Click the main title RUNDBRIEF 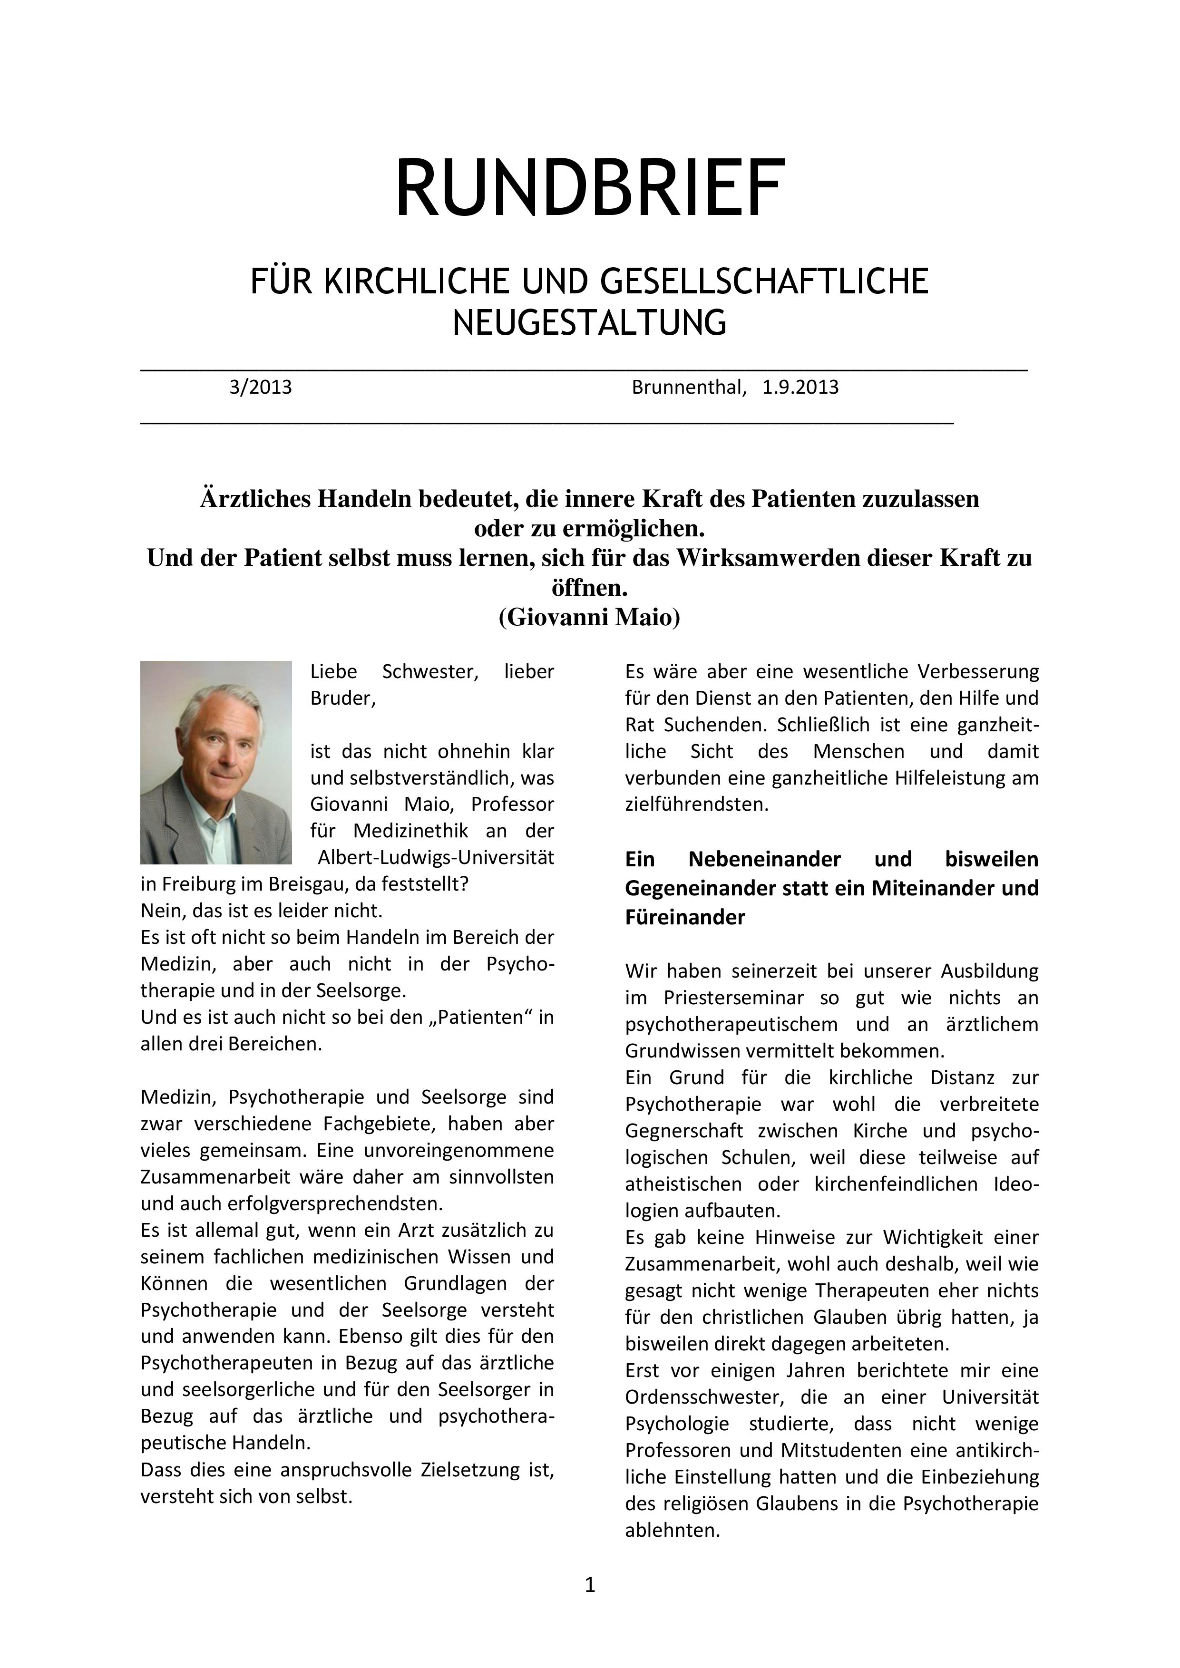click(589, 188)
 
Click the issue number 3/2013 click(260, 387)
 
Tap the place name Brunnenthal click(688, 387)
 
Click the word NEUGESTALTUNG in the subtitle click(589, 322)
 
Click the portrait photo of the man click(216, 762)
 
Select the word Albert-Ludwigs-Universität click(436, 857)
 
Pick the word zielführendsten click(696, 804)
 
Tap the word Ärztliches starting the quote click(259, 499)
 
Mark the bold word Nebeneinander click(764, 859)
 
